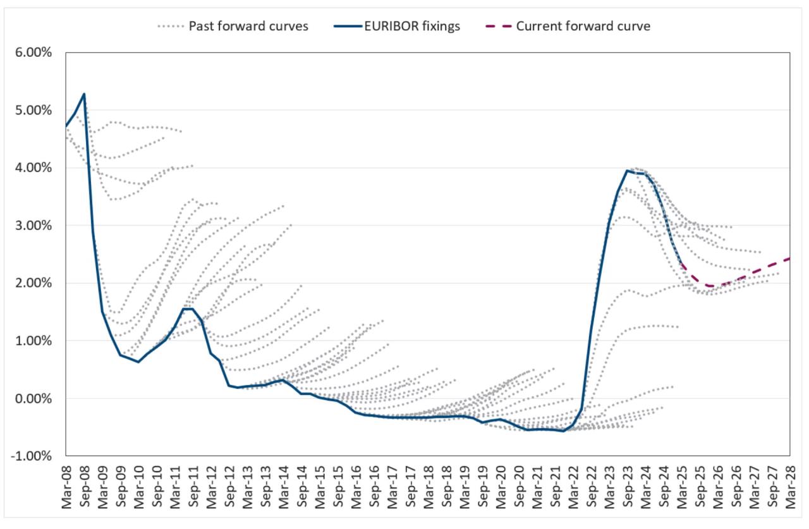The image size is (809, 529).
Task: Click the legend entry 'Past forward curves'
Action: point(248,27)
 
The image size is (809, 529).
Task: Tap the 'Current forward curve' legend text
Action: point(583,27)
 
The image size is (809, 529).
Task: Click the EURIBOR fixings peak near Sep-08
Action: point(84,94)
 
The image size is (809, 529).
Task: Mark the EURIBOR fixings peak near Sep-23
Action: point(627,171)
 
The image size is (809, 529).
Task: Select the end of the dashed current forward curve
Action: point(789,258)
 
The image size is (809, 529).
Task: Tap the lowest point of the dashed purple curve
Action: point(711,286)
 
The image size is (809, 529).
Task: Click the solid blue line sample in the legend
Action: point(345,27)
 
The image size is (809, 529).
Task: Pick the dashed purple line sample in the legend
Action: point(497,27)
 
